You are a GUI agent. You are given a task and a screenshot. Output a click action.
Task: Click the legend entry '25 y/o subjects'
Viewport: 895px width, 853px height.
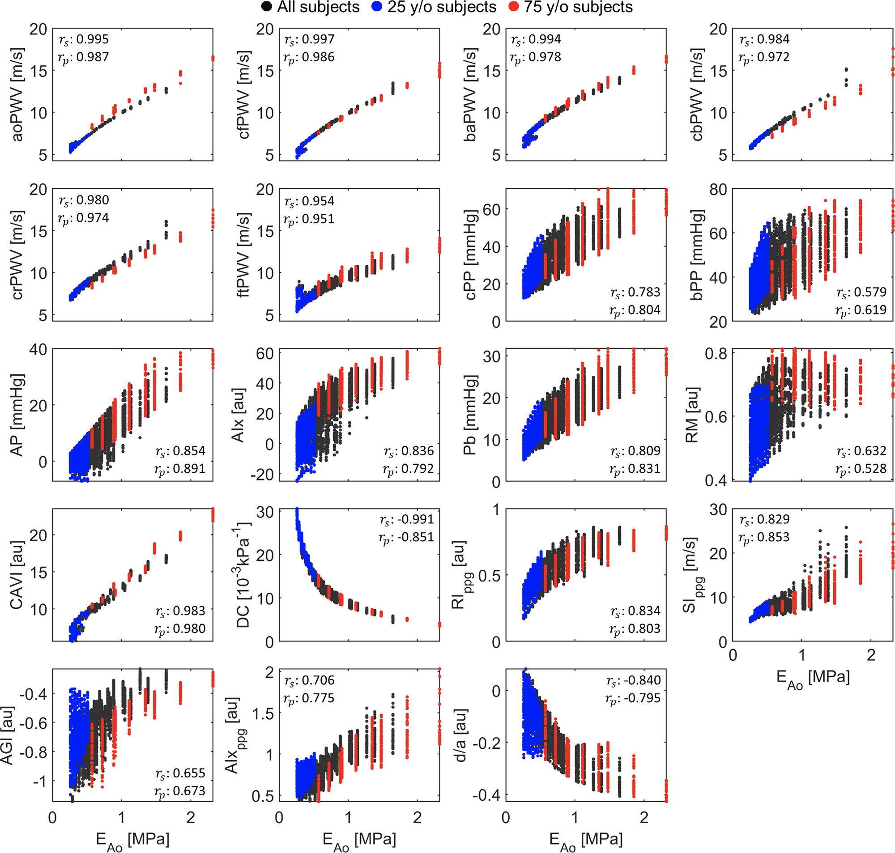[x=442, y=7]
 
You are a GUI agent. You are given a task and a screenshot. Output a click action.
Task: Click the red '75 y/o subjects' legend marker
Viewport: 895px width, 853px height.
[x=513, y=7]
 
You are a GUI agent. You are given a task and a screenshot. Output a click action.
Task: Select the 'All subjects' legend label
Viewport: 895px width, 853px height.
[x=318, y=7]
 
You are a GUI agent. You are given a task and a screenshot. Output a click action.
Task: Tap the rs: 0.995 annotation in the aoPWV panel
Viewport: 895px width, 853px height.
[x=84, y=39]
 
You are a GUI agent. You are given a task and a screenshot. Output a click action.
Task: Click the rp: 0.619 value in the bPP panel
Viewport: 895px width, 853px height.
[x=861, y=310]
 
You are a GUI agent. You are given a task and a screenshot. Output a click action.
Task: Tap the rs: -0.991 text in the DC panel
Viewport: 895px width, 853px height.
[x=407, y=519]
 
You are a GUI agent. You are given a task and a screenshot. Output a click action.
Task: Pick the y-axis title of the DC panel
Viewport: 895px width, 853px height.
[x=244, y=575]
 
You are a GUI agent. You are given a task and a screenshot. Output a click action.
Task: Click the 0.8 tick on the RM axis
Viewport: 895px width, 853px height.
[x=716, y=353]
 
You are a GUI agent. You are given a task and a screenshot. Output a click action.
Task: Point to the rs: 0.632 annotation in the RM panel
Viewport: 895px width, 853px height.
[x=861, y=451]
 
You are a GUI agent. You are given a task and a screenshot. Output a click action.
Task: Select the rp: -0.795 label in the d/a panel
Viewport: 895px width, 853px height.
[x=633, y=698]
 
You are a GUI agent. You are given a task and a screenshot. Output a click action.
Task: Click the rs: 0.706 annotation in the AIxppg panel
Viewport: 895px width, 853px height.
[x=309, y=681]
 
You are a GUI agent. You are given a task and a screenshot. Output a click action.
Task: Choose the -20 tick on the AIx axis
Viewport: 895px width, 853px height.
[x=262, y=474]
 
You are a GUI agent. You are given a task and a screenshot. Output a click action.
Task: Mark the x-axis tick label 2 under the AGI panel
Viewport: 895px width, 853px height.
[x=191, y=818]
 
